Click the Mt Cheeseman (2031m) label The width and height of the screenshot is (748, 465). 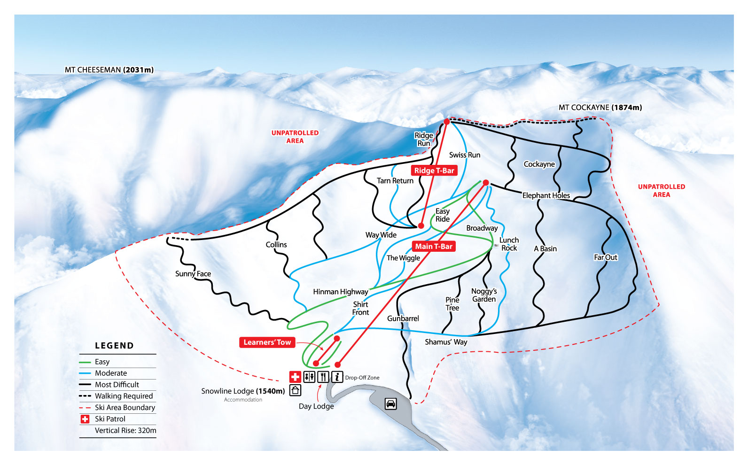tap(109, 70)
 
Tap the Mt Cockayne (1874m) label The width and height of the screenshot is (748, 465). tap(600, 108)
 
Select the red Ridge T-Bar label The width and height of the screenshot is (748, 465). tap(434, 170)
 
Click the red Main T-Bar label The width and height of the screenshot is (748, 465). tap(433, 246)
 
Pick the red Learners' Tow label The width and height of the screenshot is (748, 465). tap(267, 342)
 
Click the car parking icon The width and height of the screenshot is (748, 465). tap(390, 403)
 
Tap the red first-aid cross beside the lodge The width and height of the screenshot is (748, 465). tap(295, 377)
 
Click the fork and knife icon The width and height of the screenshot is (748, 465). tap(323, 377)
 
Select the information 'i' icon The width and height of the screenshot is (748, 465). tap(337, 377)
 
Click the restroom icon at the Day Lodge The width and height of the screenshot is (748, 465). tap(309, 377)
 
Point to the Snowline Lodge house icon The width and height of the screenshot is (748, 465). tap(295, 390)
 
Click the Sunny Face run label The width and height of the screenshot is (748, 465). tap(193, 274)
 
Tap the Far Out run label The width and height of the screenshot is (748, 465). tap(605, 257)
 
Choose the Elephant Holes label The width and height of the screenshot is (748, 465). tap(546, 195)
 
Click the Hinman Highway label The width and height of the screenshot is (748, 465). tap(340, 292)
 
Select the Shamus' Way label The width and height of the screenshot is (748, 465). tap(446, 342)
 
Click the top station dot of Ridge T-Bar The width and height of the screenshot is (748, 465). tap(447, 122)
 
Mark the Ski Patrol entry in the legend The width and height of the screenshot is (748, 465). tap(110, 419)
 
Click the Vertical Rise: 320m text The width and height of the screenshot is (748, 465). tap(125, 430)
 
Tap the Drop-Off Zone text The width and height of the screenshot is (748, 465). tap(362, 378)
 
